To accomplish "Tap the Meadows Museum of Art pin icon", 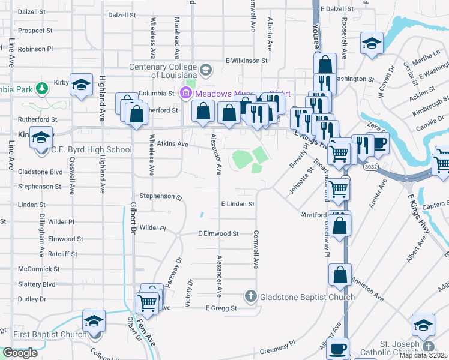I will [x=185, y=93].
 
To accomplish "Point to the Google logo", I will [x=20, y=353].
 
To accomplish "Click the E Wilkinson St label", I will [x=246, y=61].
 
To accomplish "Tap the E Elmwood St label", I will [x=218, y=233].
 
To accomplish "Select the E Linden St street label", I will [x=238, y=204].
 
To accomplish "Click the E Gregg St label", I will [x=221, y=308].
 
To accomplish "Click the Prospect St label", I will [x=35, y=30].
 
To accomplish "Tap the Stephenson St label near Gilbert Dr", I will [x=160, y=196].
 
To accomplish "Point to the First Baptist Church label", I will [x=46, y=334].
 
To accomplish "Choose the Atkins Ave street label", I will [x=173, y=144].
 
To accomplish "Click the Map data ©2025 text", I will [x=424, y=355].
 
